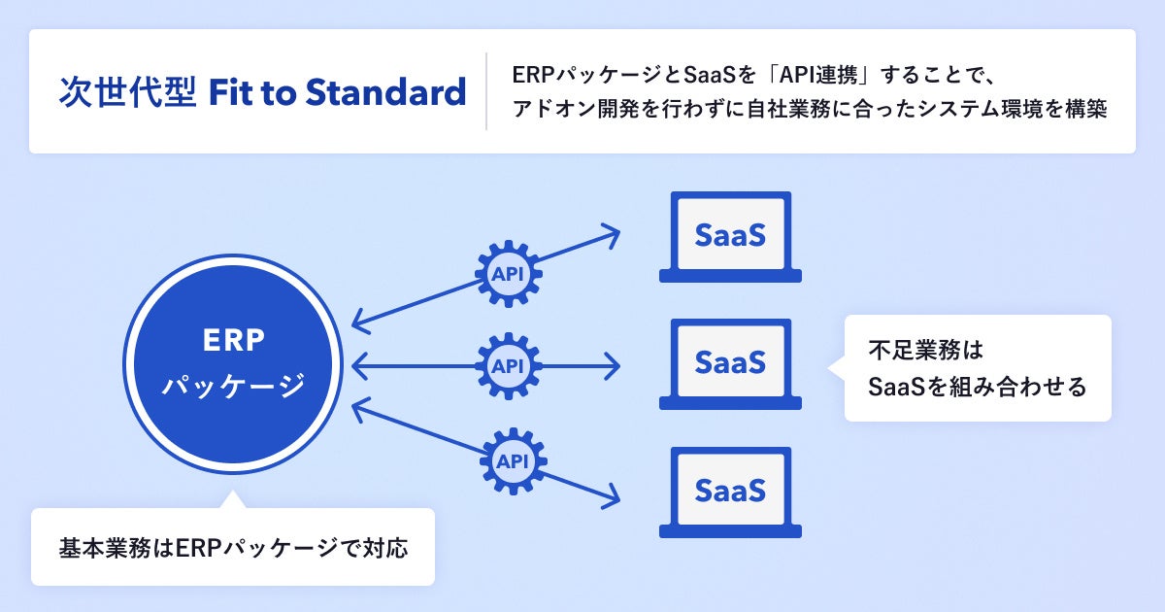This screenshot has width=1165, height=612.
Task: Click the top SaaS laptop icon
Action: pyautogui.click(x=730, y=236)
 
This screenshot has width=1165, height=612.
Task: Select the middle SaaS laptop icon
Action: pyautogui.click(x=730, y=363)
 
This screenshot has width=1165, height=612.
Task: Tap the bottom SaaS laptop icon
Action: pyautogui.click(x=730, y=492)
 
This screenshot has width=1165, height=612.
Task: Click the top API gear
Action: pyautogui.click(x=508, y=273)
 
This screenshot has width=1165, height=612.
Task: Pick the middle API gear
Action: pyautogui.click(x=508, y=366)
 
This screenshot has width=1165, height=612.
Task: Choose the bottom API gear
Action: pyautogui.click(x=514, y=459)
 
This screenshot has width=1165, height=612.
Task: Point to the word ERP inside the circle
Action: pyautogui.click(x=234, y=341)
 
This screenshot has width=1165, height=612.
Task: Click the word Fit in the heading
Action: pyautogui.click(x=233, y=92)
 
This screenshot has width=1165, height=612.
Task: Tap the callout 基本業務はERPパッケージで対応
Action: pyautogui.click(x=233, y=547)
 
